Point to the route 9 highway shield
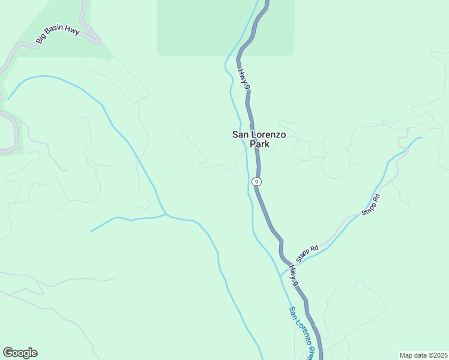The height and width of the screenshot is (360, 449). pyautogui.click(x=256, y=181)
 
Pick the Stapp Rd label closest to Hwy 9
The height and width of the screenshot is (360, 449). pyautogui.click(x=307, y=251)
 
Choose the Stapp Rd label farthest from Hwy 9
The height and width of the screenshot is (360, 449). pyautogui.click(x=371, y=205)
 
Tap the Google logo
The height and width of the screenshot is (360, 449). pyautogui.click(x=20, y=353)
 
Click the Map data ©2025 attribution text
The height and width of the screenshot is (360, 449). pyautogui.click(x=423, y=355)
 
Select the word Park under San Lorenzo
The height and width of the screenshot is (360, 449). pyautogui.click(x=259, y=145)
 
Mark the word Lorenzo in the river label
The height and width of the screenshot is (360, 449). pyautogui.click(x=300, y=330)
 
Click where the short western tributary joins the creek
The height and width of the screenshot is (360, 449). pyautogui.click(x=166, y=214)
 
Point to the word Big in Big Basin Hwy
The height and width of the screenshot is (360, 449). pyautogui.click(x=40, y=40)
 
